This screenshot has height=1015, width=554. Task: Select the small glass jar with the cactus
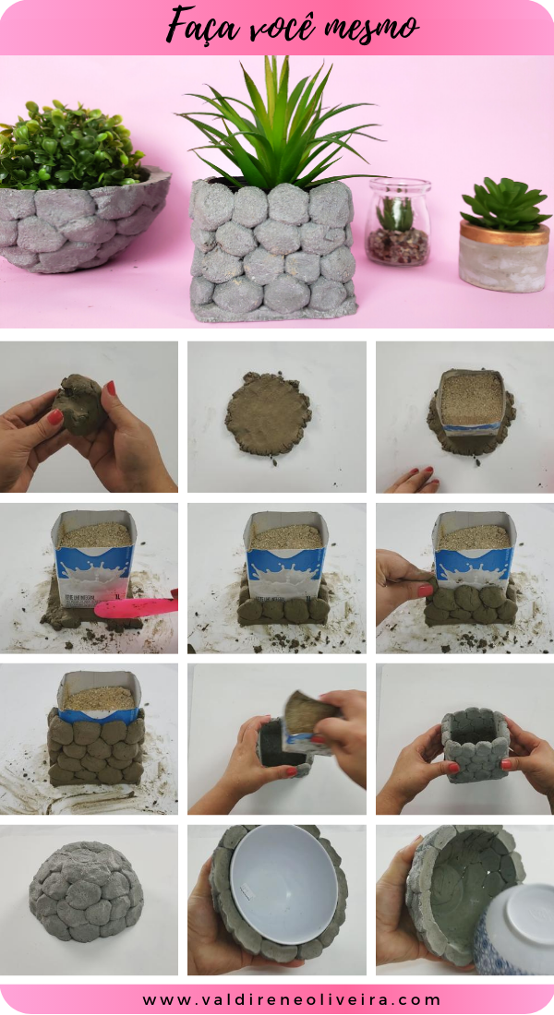point(398,222)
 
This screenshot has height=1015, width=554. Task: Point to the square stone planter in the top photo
point(272,249)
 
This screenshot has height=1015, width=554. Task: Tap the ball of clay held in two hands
point(83,406)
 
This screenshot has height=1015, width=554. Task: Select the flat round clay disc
point(270,415)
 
